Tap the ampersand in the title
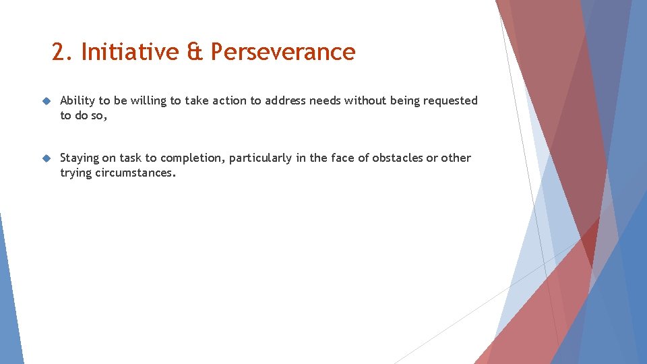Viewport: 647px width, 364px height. coord(195,52)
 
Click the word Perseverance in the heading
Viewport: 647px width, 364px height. coord(282,52)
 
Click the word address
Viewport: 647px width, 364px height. coord(285,101)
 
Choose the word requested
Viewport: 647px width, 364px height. coord(450,101)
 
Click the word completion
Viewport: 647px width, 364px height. coord(191,158)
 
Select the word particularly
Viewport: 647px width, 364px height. coord(260,158)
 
